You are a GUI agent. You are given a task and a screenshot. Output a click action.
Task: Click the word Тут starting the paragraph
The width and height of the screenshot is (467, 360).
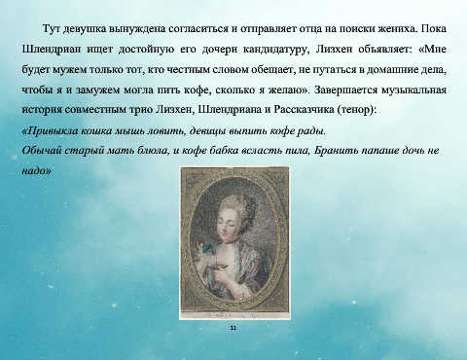click(x=52, y=28)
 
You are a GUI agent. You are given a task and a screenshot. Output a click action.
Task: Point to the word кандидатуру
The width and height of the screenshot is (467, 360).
click(x=274, y=50)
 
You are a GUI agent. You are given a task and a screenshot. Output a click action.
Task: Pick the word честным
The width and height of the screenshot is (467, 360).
click(x=188, y=70)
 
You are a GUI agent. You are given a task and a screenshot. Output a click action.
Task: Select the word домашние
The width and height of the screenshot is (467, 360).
click(x=393, y=70)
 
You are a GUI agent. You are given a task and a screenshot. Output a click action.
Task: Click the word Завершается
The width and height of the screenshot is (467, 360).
click(x=345, y=90)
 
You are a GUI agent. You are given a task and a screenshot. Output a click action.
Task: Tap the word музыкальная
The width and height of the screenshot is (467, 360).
click(x=413, y=90)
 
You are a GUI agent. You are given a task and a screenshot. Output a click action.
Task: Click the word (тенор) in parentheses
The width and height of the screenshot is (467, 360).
click(x=355, y=110)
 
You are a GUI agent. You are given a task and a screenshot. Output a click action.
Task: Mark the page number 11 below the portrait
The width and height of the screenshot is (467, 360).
click(x=233, y=328)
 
